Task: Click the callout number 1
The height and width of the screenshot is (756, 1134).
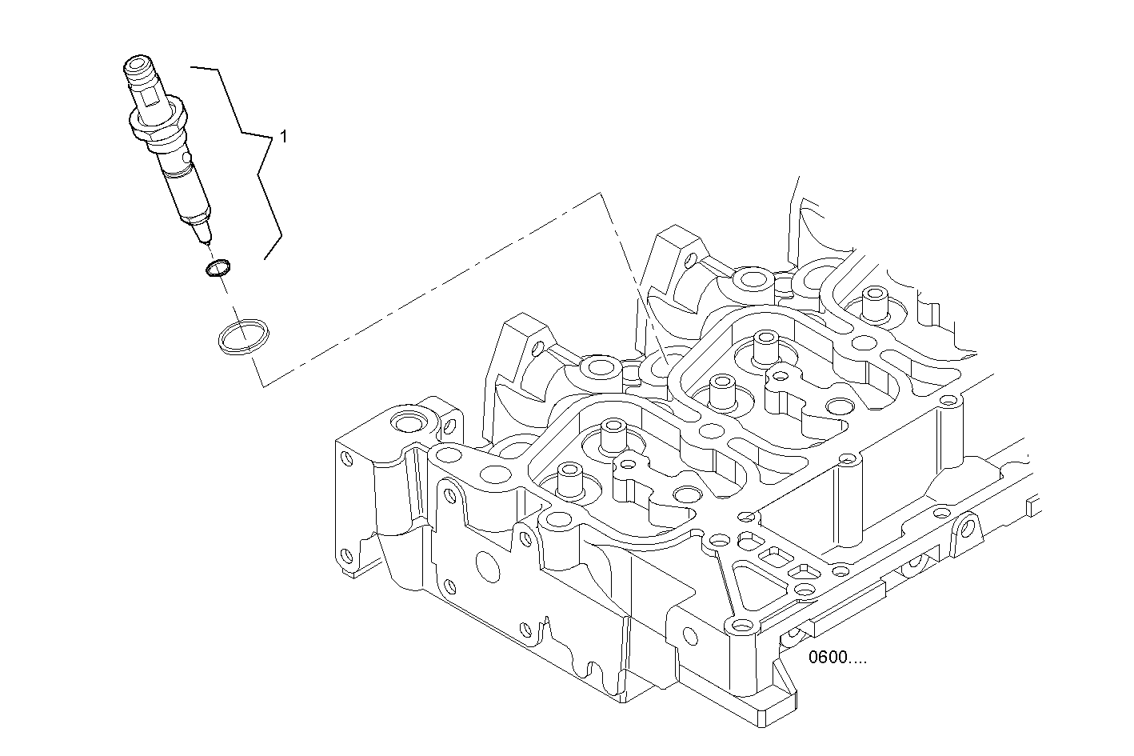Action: (x=282, y=137)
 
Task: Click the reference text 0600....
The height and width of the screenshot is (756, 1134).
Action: (x=837, y=658)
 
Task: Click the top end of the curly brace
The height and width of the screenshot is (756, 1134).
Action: (x=192, y=69)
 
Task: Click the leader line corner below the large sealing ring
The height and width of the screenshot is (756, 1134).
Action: (x=263, y=386)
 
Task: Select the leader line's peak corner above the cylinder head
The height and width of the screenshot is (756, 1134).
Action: (x=600, y=193)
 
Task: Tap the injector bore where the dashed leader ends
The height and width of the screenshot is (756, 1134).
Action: (x=663, y=366)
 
